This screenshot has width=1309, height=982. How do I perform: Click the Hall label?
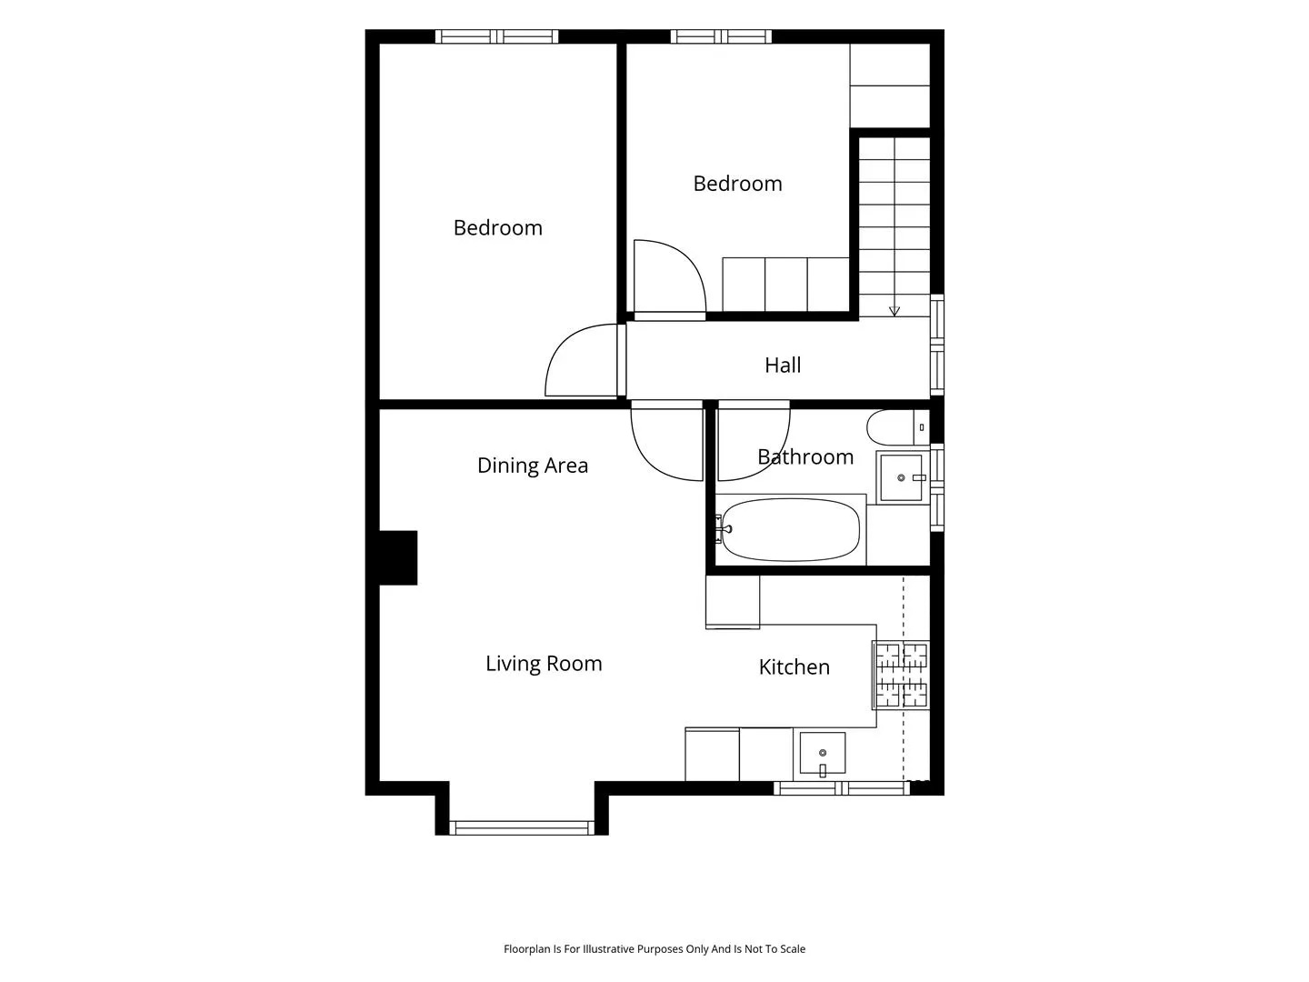[783, 365]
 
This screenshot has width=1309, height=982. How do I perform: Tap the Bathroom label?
[805, 456]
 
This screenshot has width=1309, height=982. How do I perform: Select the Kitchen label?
[794, 666]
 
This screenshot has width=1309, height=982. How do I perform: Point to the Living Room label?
[544, 664]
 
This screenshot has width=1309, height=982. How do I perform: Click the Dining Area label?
[533, 466]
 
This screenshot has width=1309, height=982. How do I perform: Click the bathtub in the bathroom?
[790, 529]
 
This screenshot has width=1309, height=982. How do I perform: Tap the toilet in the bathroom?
[897, 427]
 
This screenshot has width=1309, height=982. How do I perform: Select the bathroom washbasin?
[902, 477]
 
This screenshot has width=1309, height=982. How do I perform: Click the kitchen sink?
[823, 753]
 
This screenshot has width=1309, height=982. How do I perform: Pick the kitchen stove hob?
[901, 675]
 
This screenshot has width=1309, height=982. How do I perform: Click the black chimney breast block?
[398, 557]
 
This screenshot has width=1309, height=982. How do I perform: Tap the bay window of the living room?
[522, 827]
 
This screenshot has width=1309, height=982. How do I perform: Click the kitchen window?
[842, 788]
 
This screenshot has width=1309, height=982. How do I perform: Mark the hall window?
[937, 345]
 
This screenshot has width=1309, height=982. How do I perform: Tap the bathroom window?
[937, 487]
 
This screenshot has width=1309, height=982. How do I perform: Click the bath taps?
[723, 529]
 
